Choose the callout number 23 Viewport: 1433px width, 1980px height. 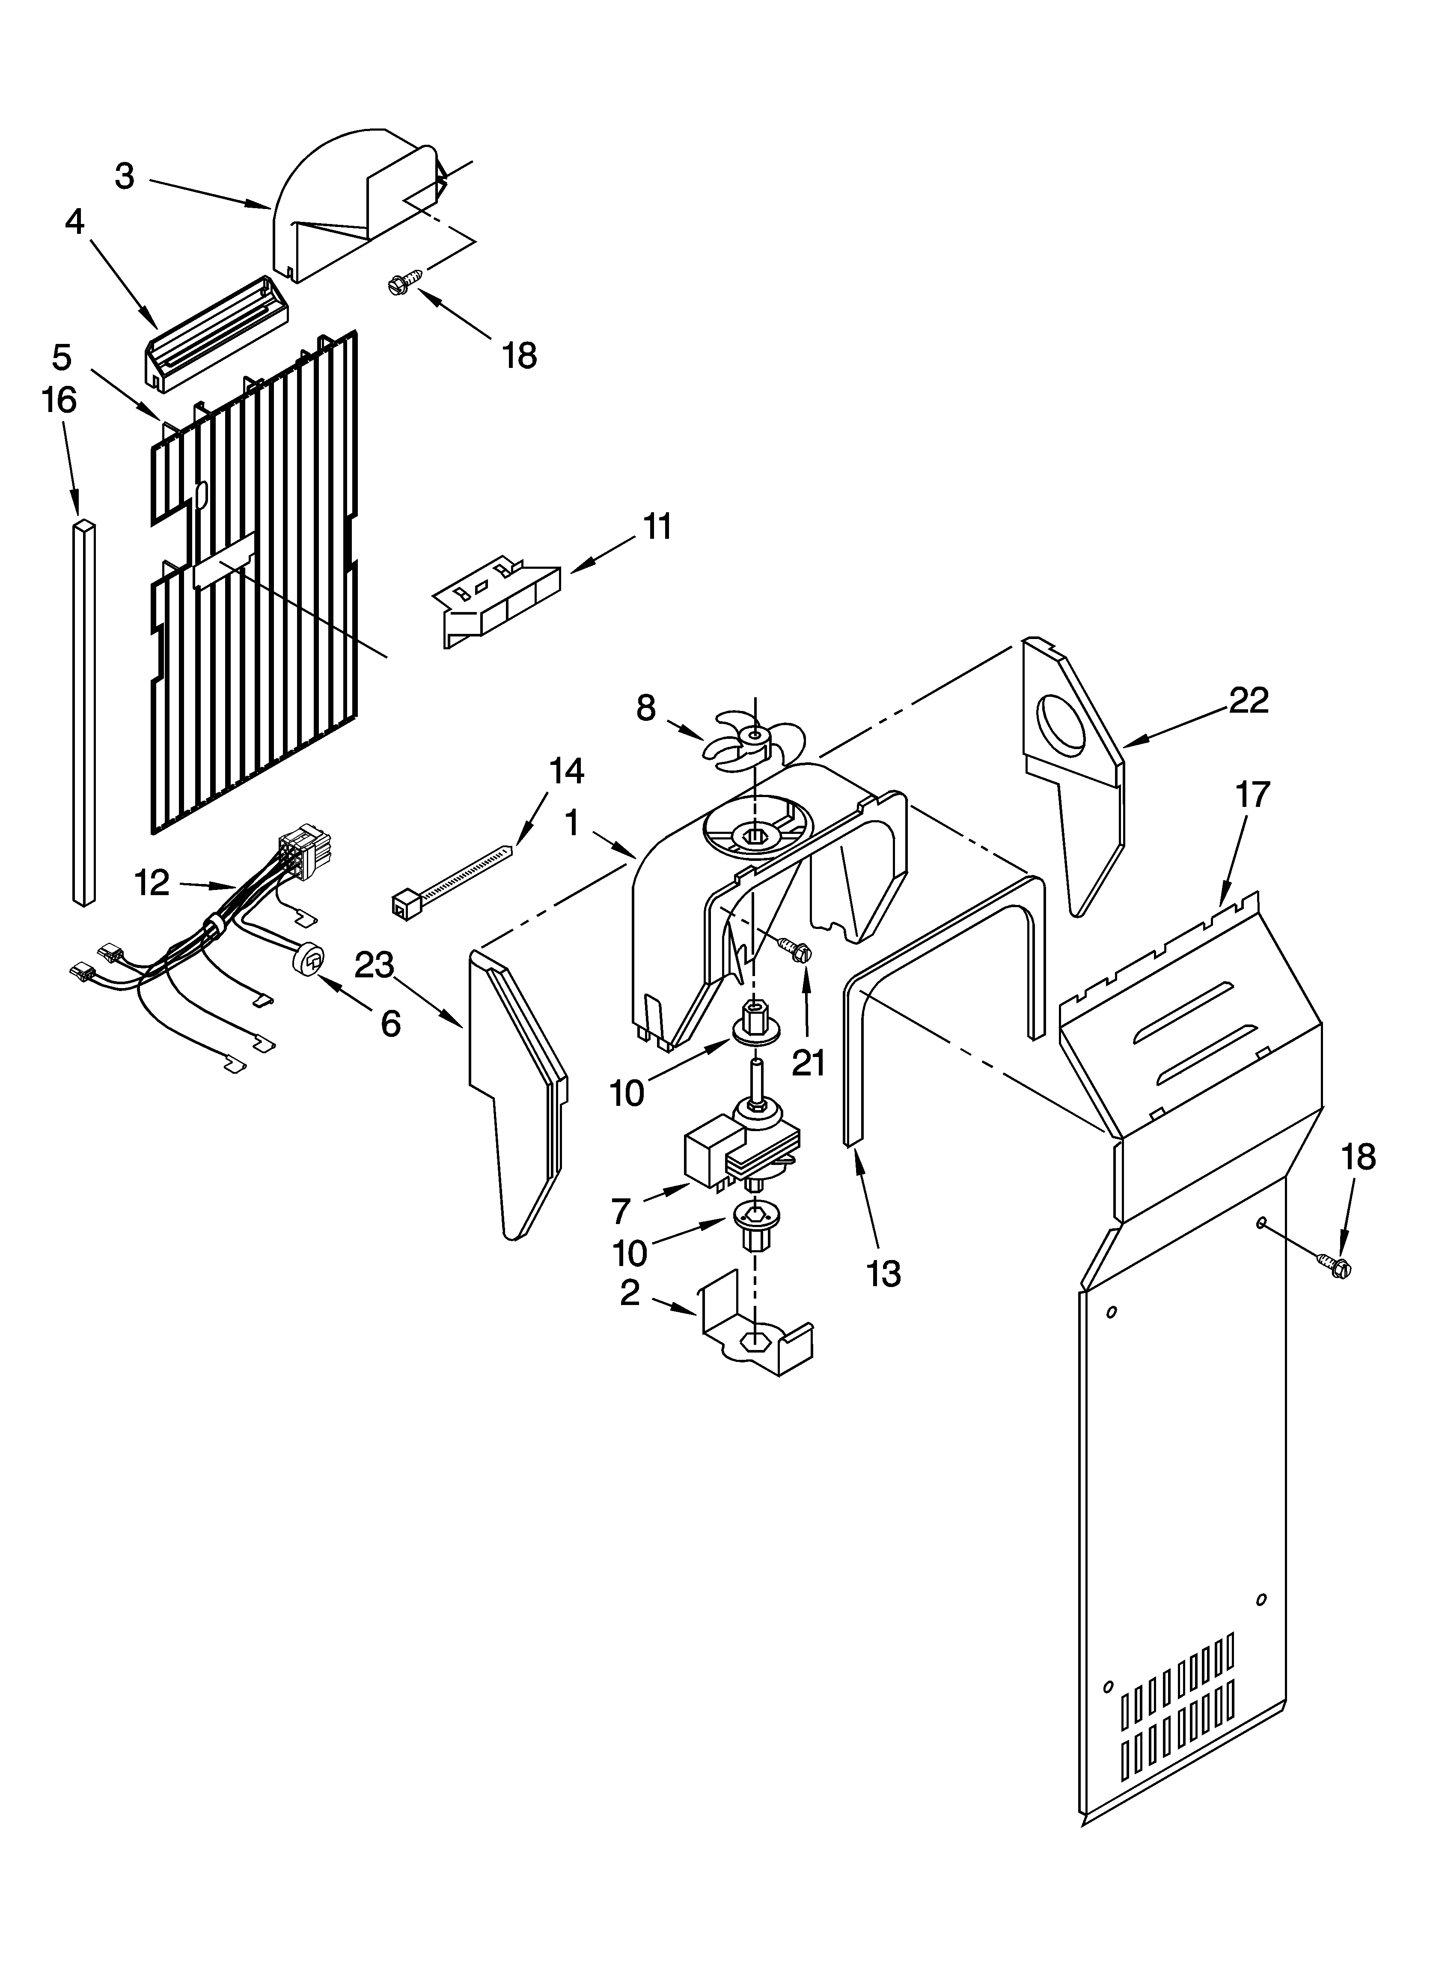375,965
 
